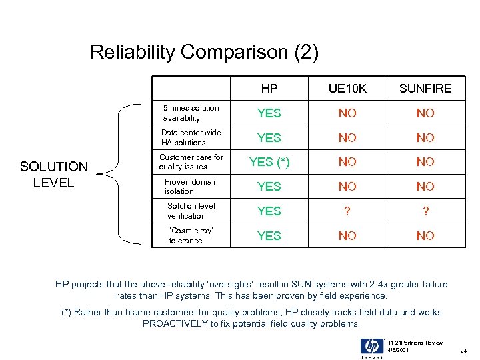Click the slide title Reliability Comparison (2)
204,52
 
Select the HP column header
269,89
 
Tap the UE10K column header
347,89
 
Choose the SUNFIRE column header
425,89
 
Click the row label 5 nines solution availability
191,113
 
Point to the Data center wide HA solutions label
191,137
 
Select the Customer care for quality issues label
191,162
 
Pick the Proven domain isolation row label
191,187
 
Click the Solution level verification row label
191,211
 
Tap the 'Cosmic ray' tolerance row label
191,235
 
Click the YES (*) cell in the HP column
269,162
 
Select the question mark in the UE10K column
347,211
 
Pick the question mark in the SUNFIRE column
425,211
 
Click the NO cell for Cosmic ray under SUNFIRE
425,236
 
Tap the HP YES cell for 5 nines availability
269,113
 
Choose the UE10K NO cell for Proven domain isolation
347,187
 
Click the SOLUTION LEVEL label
54,175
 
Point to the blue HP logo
372,347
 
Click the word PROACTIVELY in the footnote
175,323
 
